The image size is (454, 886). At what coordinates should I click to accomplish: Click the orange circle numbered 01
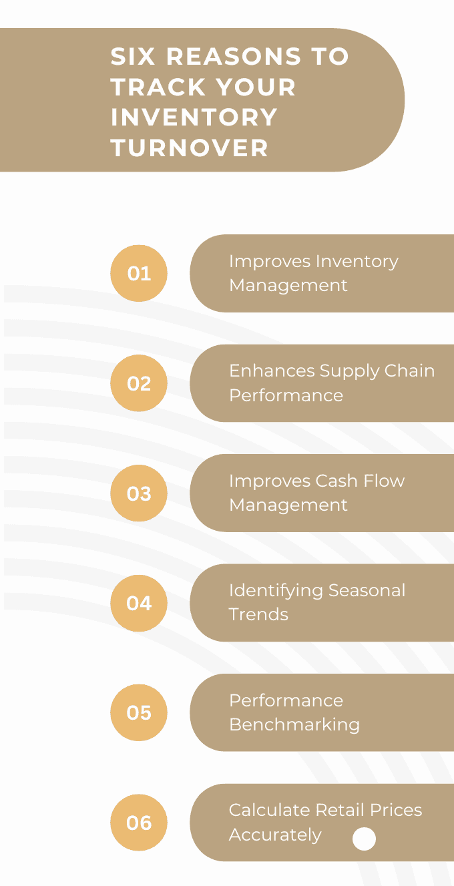click(139, 273)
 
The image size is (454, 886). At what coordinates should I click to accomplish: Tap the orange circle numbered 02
click(139, 383)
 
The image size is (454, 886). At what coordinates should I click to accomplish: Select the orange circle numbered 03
click(139, 493)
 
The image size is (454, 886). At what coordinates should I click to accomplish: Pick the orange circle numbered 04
click(139, 603)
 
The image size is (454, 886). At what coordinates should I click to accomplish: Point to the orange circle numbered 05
click(139, 712)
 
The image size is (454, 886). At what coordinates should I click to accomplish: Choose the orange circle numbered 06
click(139, 823)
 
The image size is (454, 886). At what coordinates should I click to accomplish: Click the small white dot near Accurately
click(364, 839)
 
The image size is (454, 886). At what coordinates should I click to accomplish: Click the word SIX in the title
click(134, 57)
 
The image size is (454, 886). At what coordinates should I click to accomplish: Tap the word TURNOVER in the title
click(190, 148)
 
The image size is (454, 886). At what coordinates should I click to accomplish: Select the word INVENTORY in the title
click(194, 118)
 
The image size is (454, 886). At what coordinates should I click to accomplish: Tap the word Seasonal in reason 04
click(366, 590)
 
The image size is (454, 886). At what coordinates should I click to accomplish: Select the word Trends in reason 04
click(258, 614)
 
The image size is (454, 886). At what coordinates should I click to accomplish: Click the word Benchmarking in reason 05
click(294, 724)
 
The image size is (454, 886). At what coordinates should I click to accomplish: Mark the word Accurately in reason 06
click(275, 835)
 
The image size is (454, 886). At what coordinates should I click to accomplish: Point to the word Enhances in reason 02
click(271, 371)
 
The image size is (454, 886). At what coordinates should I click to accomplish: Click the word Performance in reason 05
click(286, 700)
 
